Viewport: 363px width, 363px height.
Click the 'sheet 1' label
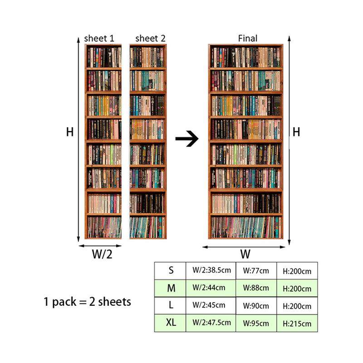click(x=99, y=39)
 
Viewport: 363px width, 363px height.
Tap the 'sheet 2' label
click(x=150, y=39)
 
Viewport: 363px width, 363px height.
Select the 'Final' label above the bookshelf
click(x=247, y=39)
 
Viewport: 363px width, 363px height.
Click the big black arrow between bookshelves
click(x=187, y=139)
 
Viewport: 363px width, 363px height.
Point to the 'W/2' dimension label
click(x=102, y=254)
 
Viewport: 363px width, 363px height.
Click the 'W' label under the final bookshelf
click(x=245, y=254)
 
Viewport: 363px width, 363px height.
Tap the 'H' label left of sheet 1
click(x=69, y=132)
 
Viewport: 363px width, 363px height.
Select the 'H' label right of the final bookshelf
click(x=296, y=132)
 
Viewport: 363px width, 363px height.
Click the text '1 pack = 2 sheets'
click(x=87, y=301)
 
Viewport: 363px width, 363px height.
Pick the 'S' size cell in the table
click(x=171, y=270)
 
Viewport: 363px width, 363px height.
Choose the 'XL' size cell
click(x=171, y=323)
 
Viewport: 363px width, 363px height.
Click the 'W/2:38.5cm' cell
click(x=211, y=270)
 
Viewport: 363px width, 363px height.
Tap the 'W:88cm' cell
click(x=256, y=288)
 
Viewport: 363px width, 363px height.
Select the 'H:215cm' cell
click(x=297, y=324)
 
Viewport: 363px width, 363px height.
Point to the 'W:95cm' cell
click(x=256, y=324)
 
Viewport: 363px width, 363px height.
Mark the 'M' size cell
click(x=171, y=288)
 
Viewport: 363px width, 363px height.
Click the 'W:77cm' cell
click(x=256, y=271)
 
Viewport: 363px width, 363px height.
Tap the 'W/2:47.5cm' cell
click(x=211, y=323)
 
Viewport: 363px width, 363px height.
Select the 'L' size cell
click(x=171, y=305)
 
